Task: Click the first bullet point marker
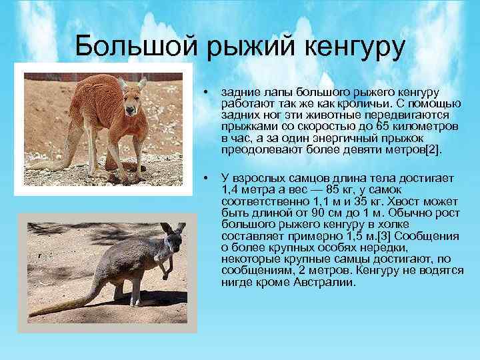pyautogui.click(x=208, y=91)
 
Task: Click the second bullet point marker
pyautogui.click(x=208, y=177)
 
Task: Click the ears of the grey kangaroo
pyautogui.click(x=173, y=228)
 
